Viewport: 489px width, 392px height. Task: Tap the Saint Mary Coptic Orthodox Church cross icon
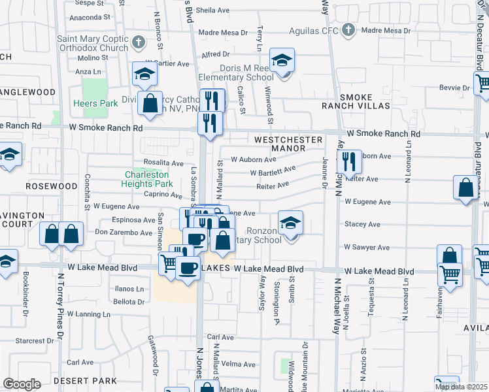tap(137, 43)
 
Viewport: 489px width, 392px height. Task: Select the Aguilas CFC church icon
tap(348, 30)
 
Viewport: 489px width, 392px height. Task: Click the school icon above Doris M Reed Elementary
tap(282, 61)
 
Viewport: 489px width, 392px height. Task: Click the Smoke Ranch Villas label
tap(356, 101)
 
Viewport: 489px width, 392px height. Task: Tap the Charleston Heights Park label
tap(147, 179)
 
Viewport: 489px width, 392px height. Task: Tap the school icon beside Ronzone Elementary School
tap(290, 224)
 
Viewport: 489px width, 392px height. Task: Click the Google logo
tap(22, 384)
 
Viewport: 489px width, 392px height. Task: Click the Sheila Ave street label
tap(212, 10)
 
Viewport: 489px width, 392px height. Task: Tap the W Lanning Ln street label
tap(78, 314)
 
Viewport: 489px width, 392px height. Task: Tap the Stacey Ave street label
tap(362, 224)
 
